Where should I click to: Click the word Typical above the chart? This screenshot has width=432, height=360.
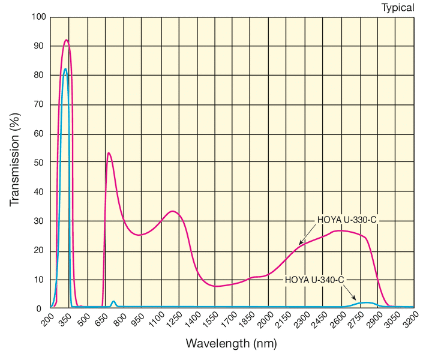[x=398, y=8]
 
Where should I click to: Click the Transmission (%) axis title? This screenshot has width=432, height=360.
[x=15, y=162]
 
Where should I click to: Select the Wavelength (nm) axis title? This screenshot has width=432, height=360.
[x=231, y=344]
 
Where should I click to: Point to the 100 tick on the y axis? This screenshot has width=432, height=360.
[x=38, y=17]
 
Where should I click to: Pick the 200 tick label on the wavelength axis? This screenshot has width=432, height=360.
[x=47, y=319]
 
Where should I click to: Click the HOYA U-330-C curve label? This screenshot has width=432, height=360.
[x=347, y=220]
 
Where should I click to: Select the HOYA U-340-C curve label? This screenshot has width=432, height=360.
[x=314, y=279]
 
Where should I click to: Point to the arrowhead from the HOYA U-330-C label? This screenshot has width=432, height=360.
[x=300, y=244]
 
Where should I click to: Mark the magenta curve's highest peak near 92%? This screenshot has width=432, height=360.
[x=66, y=40]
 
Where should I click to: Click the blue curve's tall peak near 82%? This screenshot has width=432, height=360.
[x=65, y=68]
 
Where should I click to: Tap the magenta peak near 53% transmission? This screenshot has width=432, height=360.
[x=109, y=153]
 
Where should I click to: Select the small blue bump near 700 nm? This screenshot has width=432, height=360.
[x=113, y=301]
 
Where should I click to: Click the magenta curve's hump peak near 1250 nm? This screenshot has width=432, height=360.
[x=173, y=211]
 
